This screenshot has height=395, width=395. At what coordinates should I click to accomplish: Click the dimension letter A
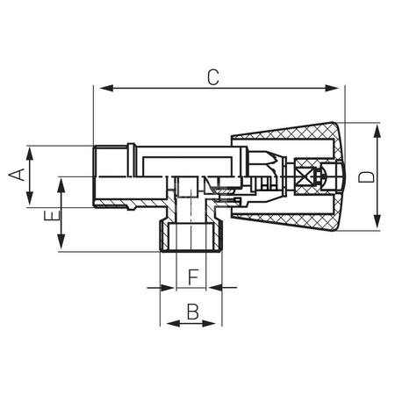(15, 176)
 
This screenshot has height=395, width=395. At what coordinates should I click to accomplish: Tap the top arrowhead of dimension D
(377, 129)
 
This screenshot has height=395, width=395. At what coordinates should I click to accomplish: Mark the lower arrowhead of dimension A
(30, 200)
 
